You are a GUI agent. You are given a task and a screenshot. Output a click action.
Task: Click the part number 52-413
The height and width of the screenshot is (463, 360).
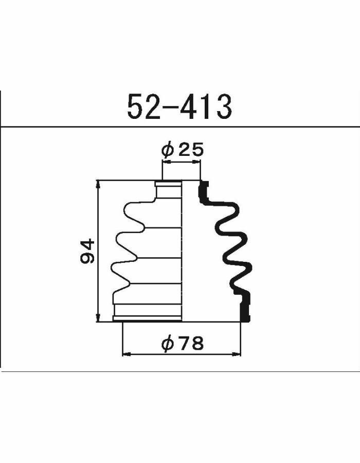[179, 106]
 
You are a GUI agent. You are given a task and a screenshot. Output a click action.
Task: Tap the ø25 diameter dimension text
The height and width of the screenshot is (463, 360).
[183, 150]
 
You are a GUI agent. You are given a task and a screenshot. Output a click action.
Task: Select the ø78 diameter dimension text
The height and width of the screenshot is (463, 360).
[183, 343]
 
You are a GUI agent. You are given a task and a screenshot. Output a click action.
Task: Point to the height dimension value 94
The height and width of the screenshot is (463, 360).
[87, 251]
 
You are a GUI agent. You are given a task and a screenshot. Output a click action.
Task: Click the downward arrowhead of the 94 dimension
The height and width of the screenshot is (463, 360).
[98, 318]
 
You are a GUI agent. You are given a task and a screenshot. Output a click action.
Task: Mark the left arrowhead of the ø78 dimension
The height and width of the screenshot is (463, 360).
[127, 354]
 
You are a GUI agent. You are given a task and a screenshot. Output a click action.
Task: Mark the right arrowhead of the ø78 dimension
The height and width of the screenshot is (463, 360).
[237, 354]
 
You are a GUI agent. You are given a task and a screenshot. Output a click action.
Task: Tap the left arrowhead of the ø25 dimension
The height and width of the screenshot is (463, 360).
[166, 162]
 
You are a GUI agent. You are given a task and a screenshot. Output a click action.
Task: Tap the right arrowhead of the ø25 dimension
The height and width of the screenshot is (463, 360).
[196, 162]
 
